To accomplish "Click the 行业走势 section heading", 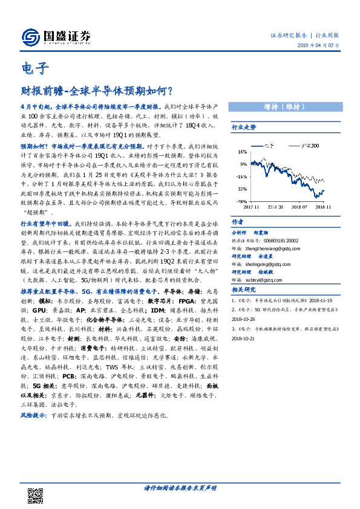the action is [x=244, y=128].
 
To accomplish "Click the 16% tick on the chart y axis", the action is [x=241, y=152].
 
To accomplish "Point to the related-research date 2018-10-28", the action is [x=245, y=319].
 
